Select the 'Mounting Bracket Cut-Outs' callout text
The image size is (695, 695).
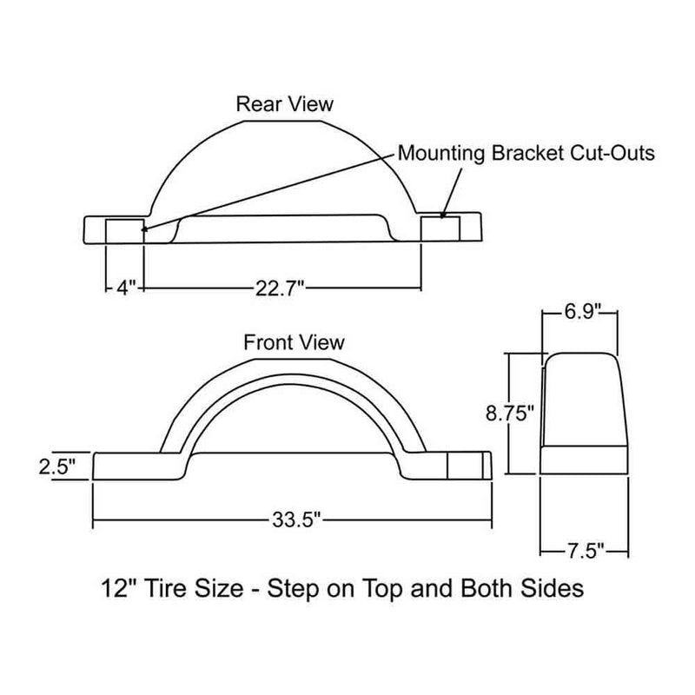click(526, 155)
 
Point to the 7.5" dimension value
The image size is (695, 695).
click(583, 549)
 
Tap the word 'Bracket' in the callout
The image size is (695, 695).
click(524, 155)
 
